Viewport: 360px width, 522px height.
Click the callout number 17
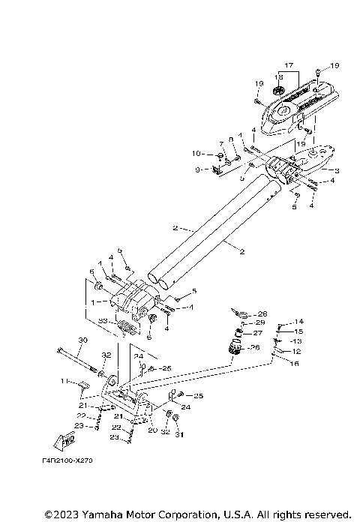tap(289, 65)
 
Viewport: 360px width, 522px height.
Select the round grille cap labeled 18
tap(280, 91)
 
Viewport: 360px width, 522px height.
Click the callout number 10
tap(197, 154)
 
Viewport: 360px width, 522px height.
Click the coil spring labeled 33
tap(127, 327)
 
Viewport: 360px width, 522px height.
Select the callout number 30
tap(82, 340)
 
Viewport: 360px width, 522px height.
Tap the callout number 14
tap(299, 321)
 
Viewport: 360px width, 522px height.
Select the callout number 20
tap(151, 430)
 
